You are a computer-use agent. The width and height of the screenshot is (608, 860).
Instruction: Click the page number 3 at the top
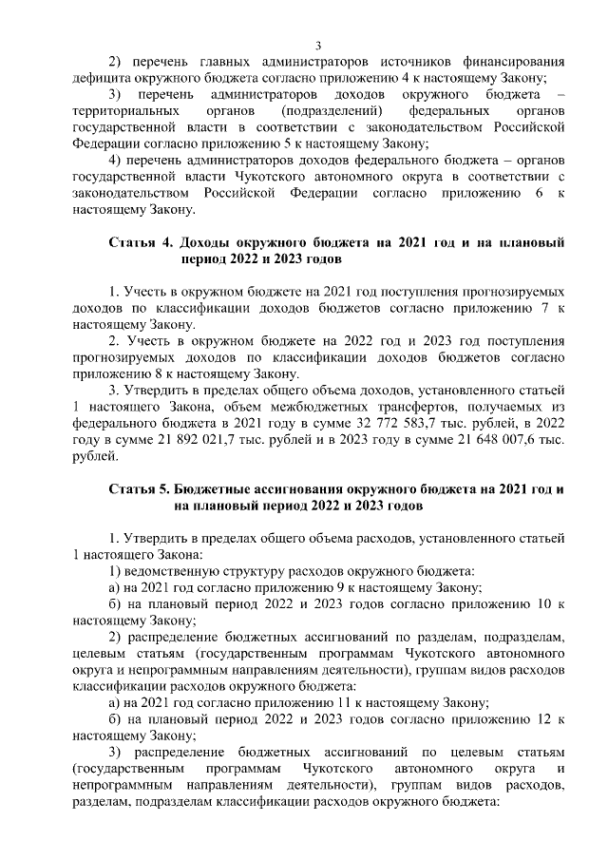[x=319, y=45]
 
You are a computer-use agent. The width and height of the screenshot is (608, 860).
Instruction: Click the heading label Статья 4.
[x=140, y=242]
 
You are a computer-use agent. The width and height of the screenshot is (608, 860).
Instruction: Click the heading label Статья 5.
[x=140, y=489]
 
